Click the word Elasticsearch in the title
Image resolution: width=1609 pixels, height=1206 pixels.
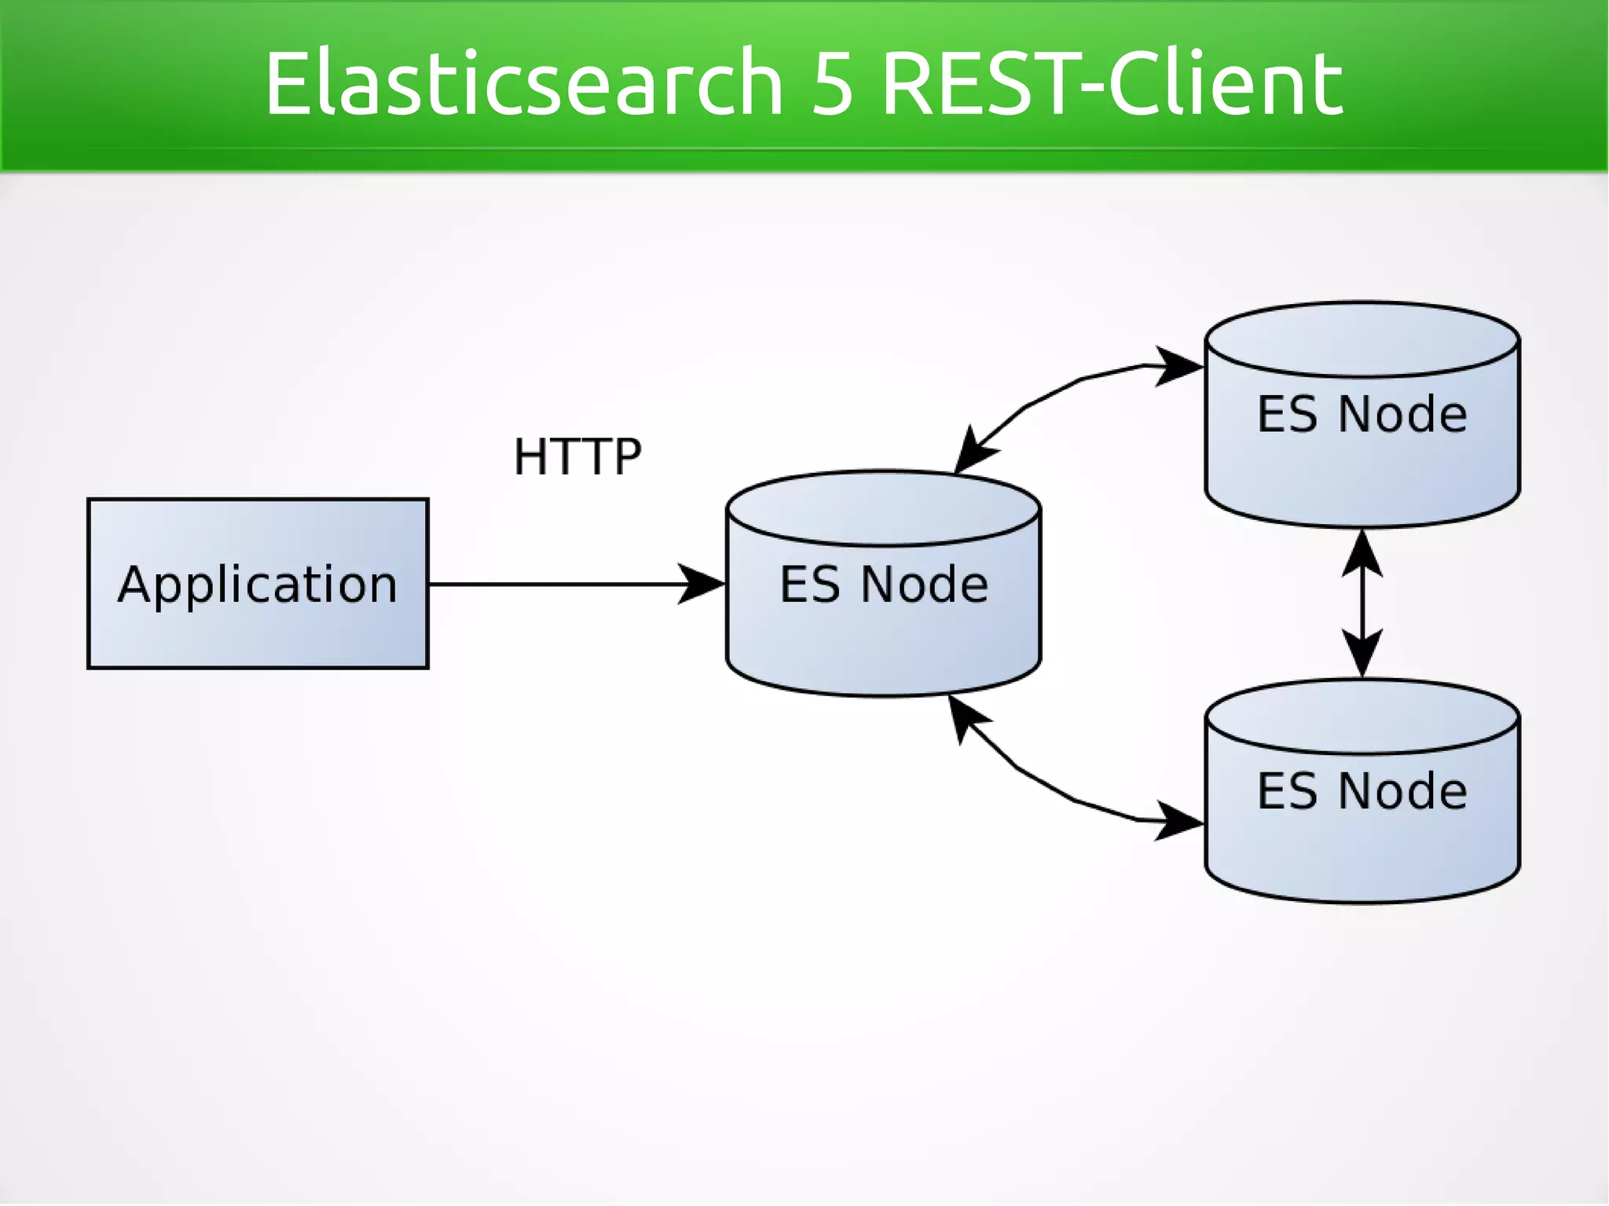[x=523, y=82]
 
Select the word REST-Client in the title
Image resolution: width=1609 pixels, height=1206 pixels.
[x=1112, y=82]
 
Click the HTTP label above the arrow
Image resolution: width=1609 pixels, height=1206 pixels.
[x=577, y=456]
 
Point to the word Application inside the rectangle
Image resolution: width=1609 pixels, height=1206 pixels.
[x=258, y=585]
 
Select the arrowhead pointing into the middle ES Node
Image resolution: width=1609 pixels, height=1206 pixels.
[x=701, y=584]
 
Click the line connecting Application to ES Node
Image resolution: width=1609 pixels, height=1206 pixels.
[x=550, y=584]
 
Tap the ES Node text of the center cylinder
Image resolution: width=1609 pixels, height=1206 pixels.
[x=883, y=585]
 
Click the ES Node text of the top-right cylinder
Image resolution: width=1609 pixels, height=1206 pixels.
[x=1362, y=414]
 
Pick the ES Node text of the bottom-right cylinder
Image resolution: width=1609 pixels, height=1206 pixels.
[x=1362, y=790]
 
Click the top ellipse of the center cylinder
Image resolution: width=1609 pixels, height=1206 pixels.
[x=883, y=508]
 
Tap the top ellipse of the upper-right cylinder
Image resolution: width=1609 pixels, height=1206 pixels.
[x=1362, y=339]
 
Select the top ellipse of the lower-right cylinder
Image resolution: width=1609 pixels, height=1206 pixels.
[x=1362, y=716]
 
